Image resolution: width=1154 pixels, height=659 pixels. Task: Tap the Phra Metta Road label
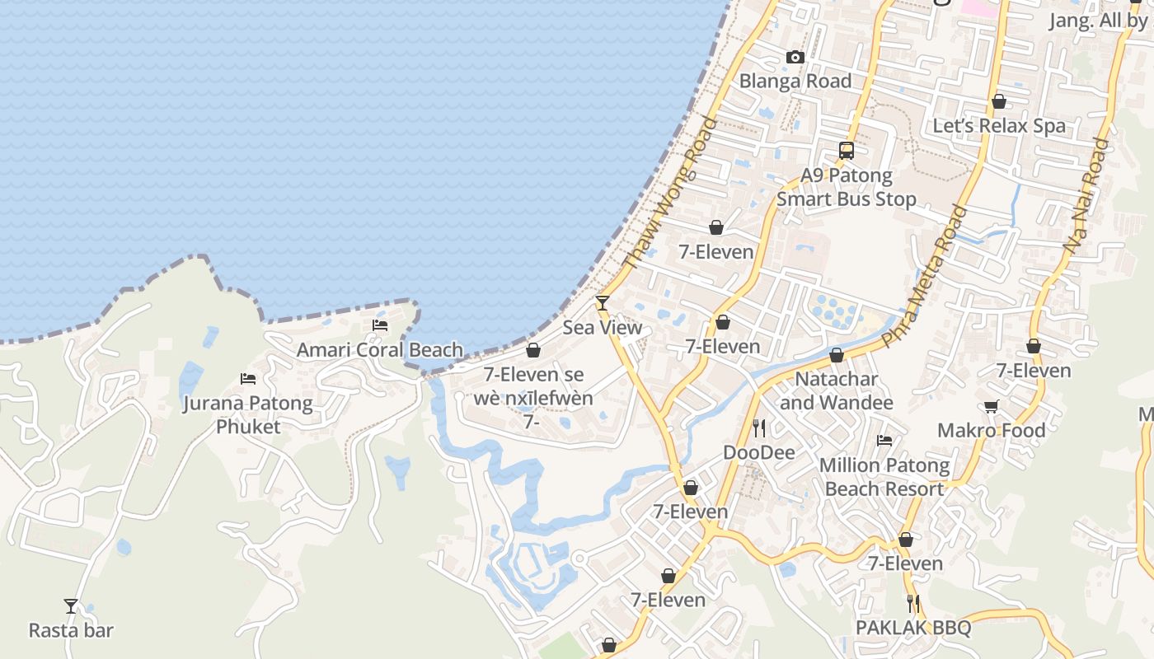924,277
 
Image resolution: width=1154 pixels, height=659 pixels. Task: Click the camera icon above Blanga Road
795,57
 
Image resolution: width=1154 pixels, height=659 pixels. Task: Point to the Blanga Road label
795,81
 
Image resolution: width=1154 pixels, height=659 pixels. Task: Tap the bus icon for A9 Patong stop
847,150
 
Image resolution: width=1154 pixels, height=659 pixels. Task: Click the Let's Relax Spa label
999,126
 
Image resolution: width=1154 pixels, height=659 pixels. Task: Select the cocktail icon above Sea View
603,303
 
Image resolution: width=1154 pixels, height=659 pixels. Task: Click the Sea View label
603,327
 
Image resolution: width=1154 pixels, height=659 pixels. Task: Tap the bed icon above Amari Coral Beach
380,325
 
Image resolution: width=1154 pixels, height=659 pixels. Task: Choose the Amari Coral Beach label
380,349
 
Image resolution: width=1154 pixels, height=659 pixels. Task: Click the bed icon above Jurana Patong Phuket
248,379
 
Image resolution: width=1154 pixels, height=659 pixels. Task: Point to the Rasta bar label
71,630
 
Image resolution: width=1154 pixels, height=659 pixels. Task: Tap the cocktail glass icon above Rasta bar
71,606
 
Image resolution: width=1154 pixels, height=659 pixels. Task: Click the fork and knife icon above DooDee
759,428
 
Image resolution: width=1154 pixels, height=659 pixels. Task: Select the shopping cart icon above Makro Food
991,406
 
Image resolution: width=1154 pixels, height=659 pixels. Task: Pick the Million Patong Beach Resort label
884,477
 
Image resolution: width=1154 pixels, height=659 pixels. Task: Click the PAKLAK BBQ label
913,628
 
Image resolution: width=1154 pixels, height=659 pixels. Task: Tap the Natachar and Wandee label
837,390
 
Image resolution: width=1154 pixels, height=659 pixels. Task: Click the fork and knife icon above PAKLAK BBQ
913,604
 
